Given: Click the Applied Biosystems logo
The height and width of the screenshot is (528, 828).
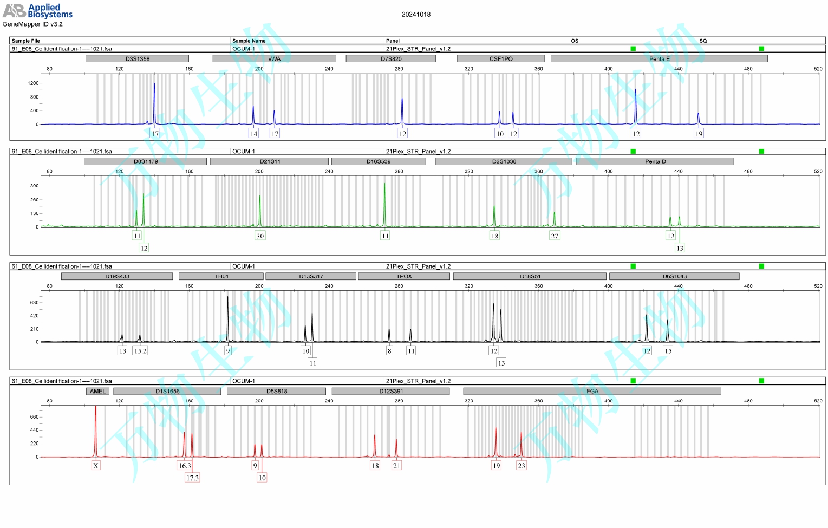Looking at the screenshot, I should (37, 10).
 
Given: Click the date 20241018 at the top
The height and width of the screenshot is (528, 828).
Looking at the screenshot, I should (416, 15).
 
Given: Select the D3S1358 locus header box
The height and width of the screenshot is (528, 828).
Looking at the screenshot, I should (137, 58).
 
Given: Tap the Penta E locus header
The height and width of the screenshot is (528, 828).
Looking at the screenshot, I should (659, 58).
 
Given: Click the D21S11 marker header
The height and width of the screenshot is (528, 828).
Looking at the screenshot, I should (270, 161).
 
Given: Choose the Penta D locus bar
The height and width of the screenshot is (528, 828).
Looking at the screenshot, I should (655, 161).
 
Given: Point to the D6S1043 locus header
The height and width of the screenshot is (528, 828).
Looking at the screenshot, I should (674, 276).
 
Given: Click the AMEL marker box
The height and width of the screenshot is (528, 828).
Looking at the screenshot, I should (98, 391).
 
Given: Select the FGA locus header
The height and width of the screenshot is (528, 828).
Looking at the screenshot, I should (592, 391).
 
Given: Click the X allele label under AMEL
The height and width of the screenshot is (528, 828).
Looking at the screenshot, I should (96, 466).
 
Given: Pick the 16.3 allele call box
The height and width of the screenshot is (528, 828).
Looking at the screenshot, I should (185, 466).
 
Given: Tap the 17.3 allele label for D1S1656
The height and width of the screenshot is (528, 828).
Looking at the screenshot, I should (192, 478).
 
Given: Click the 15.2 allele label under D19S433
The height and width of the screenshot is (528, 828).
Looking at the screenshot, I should (140, 351).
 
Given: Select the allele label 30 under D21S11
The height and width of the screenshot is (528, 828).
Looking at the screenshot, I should (260, 236).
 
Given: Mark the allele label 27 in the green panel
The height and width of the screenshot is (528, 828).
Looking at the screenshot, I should (555, 236).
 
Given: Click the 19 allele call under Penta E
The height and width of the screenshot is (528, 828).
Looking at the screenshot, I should (699, 134).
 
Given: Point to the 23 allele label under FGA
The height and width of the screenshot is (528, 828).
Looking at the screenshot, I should (521, 466).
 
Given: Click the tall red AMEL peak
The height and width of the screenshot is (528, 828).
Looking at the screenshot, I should (96, 428).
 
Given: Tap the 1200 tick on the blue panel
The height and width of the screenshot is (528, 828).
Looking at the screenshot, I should (34, 83).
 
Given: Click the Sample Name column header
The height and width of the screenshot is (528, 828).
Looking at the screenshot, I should (249, 41).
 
